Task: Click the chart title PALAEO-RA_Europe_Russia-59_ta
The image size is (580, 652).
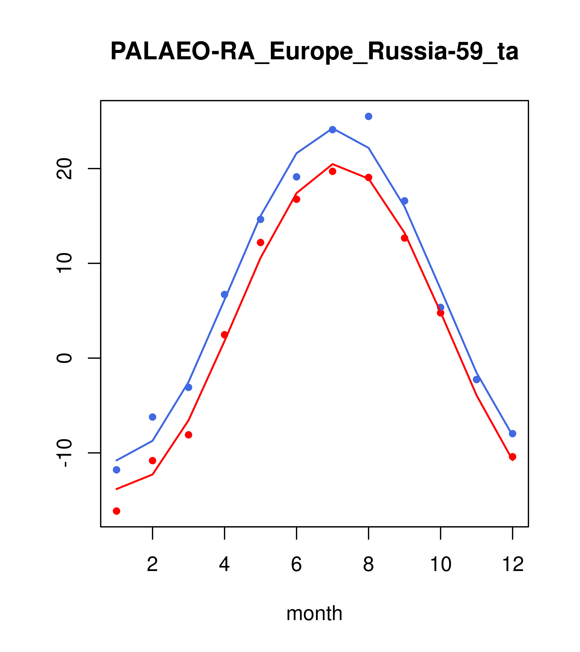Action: click(x=314, y=52)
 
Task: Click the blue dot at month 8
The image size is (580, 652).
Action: click(x=368, y=116)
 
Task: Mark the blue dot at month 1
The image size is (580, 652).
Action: click(x=116, y=470)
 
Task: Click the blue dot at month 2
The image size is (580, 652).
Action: click(x=153, y=417)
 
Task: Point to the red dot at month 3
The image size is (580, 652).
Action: click(x=189, y=435)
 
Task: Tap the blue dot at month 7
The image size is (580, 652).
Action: click(x=333, y=129)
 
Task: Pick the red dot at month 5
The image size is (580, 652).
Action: click(x=261, y=242)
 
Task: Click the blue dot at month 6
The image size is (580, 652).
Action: click(x=297, y=177)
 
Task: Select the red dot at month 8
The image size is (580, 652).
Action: click(x=368, y=177)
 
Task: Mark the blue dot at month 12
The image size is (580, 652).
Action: click(x=513, y=434)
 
